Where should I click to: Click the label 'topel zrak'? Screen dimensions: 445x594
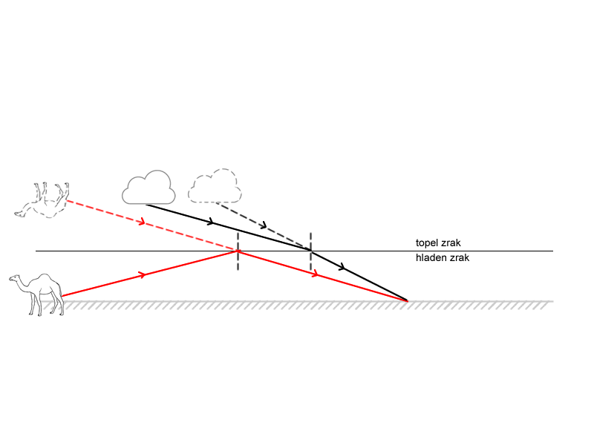tap(438, 243)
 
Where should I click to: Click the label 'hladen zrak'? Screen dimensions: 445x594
tap(442, 258)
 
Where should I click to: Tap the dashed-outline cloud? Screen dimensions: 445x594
tap(215, 187)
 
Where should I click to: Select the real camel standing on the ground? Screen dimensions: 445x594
tap(37, 294)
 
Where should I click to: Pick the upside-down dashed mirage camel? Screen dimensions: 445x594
tap(43, 200)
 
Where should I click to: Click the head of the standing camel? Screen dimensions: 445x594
tap(15, 279)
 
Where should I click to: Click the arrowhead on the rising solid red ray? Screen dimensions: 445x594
tap(142, 275)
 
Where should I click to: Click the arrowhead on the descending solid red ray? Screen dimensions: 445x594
tap(316, 274)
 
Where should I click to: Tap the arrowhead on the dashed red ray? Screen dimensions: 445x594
tap(141, 221)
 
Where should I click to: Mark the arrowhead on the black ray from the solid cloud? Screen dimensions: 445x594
tap(212, 222)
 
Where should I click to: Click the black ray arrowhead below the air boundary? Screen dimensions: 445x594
tap(342, 267)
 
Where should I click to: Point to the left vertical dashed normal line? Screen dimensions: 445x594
tap(238, 250)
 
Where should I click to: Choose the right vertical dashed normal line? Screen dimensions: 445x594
tap(310, 250)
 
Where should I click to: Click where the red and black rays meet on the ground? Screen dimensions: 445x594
tap(407, 300)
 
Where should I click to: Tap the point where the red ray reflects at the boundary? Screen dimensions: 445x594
tap(238, 251)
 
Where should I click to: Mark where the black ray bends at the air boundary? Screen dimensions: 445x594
tap(310, 251)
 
